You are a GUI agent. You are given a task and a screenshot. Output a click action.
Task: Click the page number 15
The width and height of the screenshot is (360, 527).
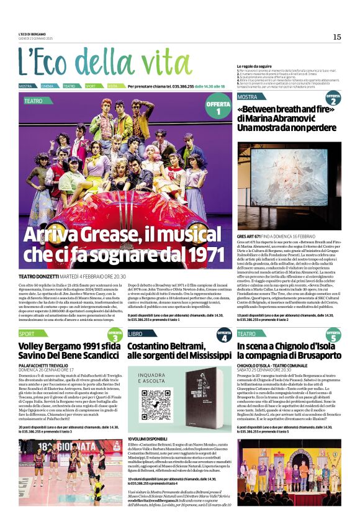point(336,37)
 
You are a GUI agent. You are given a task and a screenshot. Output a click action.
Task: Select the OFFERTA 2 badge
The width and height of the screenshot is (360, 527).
point(333,99)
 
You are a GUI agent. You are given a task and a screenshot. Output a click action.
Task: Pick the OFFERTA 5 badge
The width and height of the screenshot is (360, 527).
point(333,335)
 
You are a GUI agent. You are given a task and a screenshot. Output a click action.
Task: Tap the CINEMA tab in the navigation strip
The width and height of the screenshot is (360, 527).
point(48,86)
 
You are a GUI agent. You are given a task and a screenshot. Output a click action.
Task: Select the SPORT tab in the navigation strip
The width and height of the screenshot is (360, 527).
point(91,86)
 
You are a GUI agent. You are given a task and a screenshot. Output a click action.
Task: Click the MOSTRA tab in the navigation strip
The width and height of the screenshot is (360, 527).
point(25,86)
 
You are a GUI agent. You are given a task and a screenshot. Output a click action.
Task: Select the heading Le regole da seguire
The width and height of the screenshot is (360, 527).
point(257,66)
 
